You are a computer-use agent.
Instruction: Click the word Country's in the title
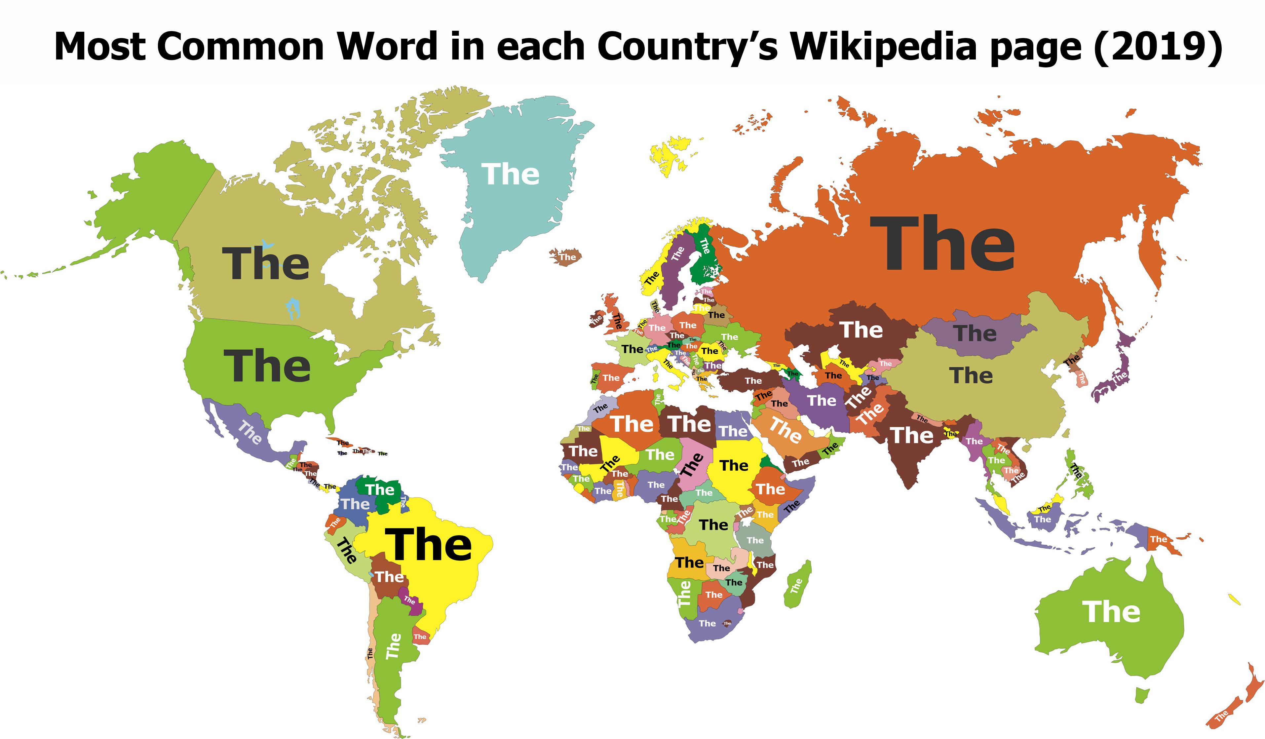[x=687, y=46]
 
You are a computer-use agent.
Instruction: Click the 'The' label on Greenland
[x=511, y=174]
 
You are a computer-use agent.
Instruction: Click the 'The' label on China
[x=971, y=375]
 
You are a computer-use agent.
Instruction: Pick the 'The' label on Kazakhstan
[x=861, y=330]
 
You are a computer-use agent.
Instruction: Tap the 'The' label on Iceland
[x=567, y=257]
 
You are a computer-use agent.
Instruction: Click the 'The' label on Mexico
[x=249, y=433]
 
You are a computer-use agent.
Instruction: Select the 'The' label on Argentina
[x=393, y=646]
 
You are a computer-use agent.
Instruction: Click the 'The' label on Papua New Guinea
[x=1159, y=539]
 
